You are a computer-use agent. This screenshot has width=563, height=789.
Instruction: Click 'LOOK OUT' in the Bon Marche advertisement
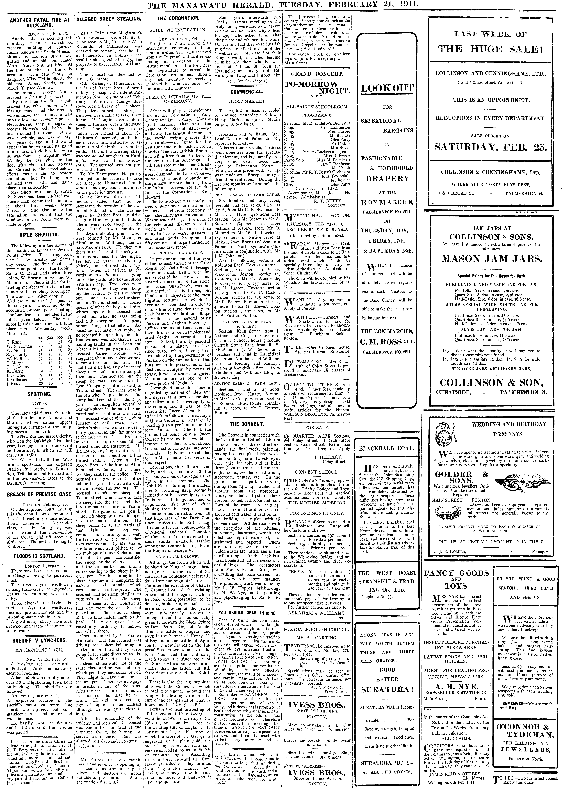pyautogui.click(x=387, y=88)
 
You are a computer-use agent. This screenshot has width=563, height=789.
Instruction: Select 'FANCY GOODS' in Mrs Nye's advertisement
pyautogui.click(x=456, y=573)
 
